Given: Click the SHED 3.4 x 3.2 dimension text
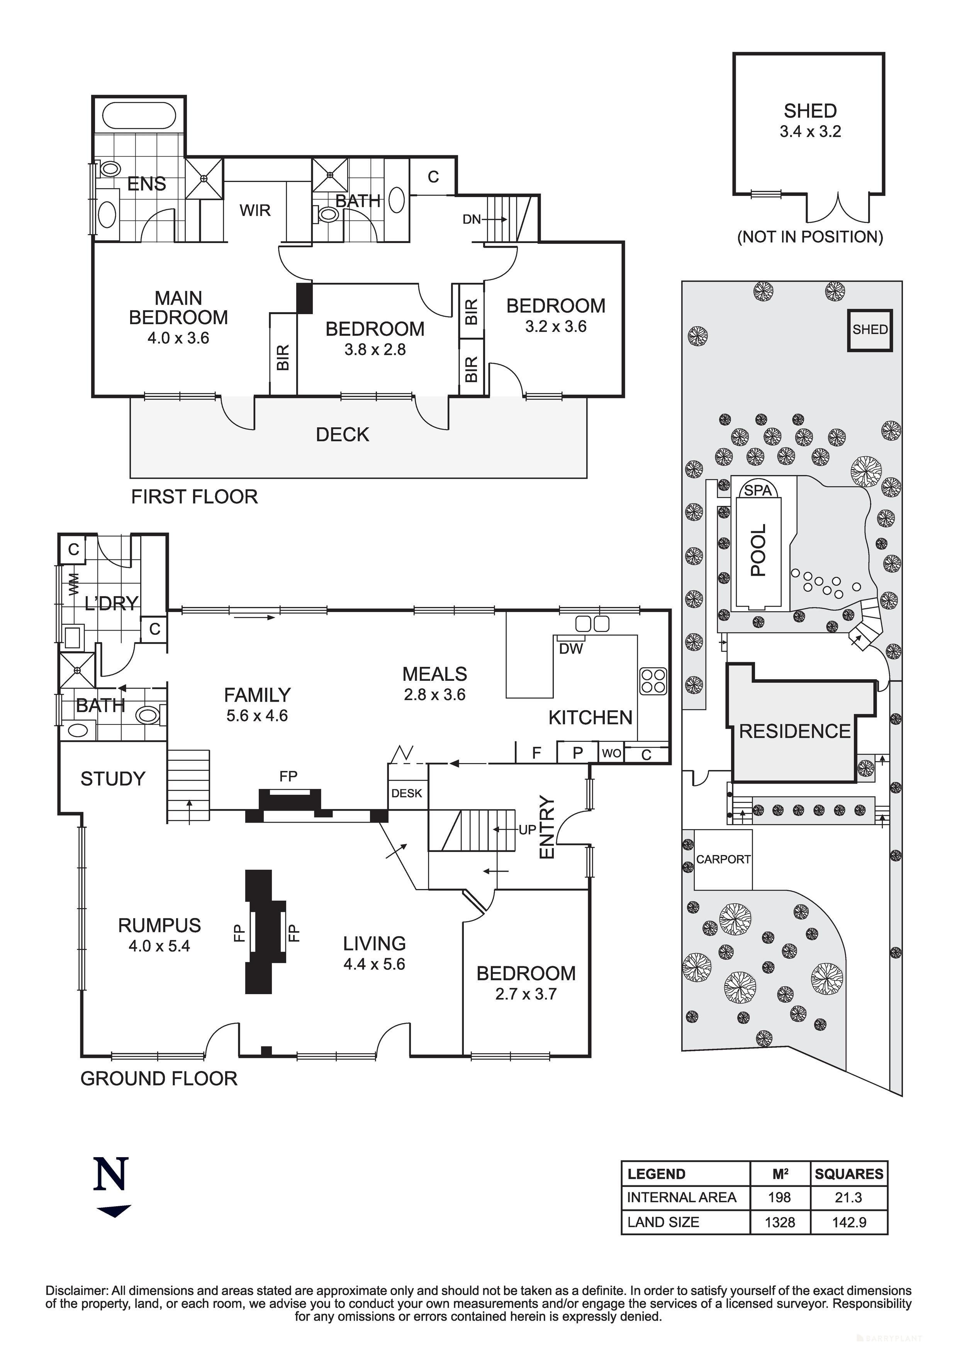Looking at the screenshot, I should click(810, 132).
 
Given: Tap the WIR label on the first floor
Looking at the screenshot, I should click(255, 210).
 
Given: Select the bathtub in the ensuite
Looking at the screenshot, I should click(139, 116).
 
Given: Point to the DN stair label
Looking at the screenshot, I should click(472, 219).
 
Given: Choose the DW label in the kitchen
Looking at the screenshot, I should click(570, 649).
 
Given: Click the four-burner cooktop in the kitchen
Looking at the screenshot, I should click(653, 680).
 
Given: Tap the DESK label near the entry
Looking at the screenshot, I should click(407, 793).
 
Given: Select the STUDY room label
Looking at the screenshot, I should click(113, 779).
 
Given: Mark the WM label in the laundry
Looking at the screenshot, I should click(74, 584).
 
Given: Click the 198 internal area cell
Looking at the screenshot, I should click(779, 1197).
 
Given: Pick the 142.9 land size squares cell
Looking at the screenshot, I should click(849, 1222).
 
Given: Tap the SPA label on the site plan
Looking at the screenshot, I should click(758, 490).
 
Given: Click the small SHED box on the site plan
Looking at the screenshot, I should click(870, 330).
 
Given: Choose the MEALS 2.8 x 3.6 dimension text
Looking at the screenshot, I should click(435, 695).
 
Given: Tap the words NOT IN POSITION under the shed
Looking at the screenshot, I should click(810, 237).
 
